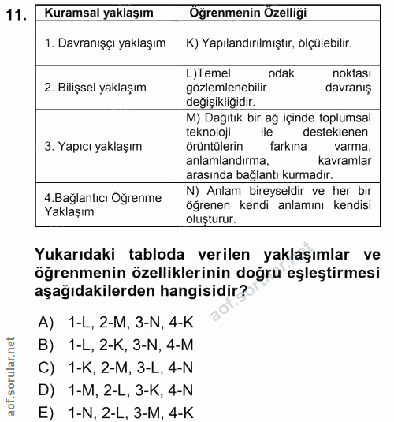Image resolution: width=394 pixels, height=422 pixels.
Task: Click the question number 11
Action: pyautogui.click(x=17, y=16)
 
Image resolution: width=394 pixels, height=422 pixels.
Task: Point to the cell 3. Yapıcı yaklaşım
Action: pyautogui.click(x=93, y=146)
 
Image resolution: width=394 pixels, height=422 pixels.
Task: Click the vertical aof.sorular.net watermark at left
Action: pyautogui.click(x=11, y=377)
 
